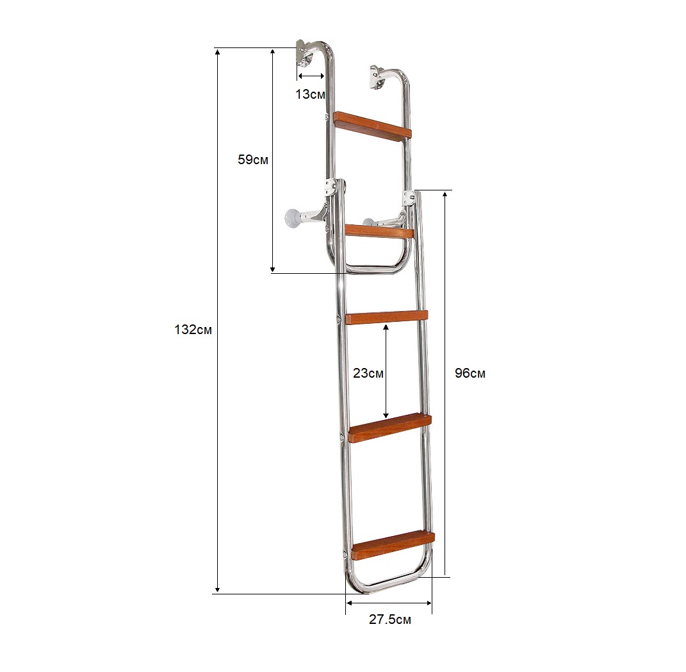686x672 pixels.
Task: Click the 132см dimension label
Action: coord(193,330)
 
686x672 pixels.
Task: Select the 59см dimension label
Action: coord(253,160)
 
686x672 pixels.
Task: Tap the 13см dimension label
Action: coord(310,94)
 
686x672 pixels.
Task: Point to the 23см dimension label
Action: coord(368,373)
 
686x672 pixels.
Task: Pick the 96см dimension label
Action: coord(470,373)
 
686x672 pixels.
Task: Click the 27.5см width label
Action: coord(390,619)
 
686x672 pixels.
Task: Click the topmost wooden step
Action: coord(372,126)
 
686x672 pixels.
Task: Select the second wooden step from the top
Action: coord(380,231)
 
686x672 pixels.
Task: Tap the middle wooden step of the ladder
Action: coord(386,317)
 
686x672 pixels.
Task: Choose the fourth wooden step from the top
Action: coord(390,427)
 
